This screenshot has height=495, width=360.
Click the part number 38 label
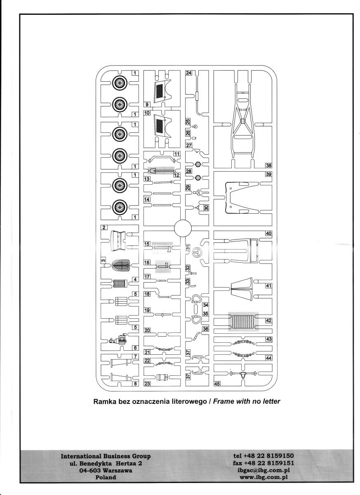(x=268, y=165)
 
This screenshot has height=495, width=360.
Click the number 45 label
(x=217, y=383)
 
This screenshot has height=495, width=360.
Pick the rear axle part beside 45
(x=243, y=374)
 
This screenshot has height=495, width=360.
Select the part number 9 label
(x=147, y=105)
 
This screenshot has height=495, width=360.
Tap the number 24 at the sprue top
(x=189, y=73)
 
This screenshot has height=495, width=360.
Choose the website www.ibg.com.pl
(x=264, y=477)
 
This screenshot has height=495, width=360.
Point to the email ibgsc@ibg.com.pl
(x=264, y=470)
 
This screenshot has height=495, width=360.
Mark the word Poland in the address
(x=106, y=477)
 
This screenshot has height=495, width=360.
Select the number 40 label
(x=268, y=233)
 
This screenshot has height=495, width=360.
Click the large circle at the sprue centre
(x=183, y=228)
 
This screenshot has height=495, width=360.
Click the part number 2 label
(x=105, y=227)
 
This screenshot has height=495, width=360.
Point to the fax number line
(x=264, y=463)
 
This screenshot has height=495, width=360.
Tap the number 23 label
(x=147, y=383)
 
